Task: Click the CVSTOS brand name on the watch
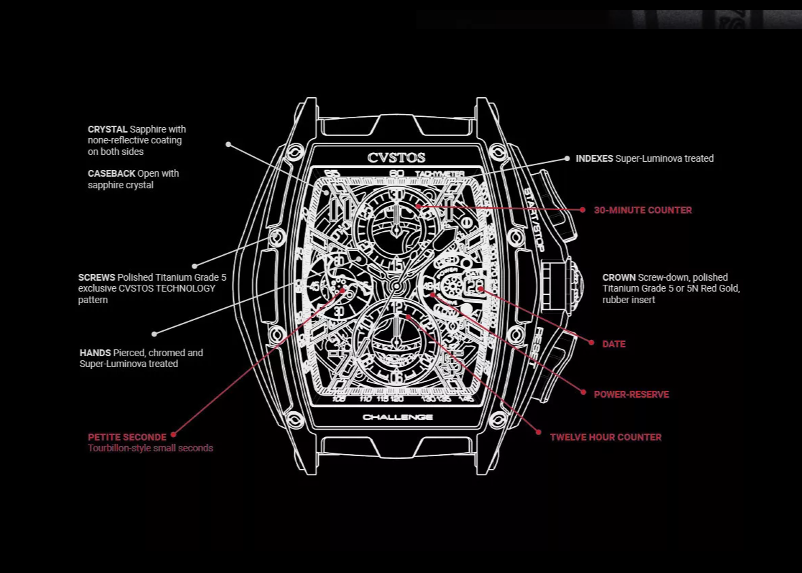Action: coord(396,158)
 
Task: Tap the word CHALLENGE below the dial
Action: coord(398,417)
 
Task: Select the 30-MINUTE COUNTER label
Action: coord(642,210)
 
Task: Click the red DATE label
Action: coord(614,344)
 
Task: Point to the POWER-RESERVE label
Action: coord(631,394)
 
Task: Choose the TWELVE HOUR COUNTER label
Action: coord(605,437)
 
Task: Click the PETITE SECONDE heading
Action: coord(127,437)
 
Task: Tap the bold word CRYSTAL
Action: coord(107,129)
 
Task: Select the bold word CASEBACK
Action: coord(111,173)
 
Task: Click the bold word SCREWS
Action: coord(97,277)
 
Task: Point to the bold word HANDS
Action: coord(95,353)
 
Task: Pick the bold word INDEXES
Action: coord(594,158)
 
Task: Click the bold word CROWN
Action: coord(618,277)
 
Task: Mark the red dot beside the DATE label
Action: coord(591,343)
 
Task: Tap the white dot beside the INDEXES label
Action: coord(567,158)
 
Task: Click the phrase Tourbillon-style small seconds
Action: coord(150,448)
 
